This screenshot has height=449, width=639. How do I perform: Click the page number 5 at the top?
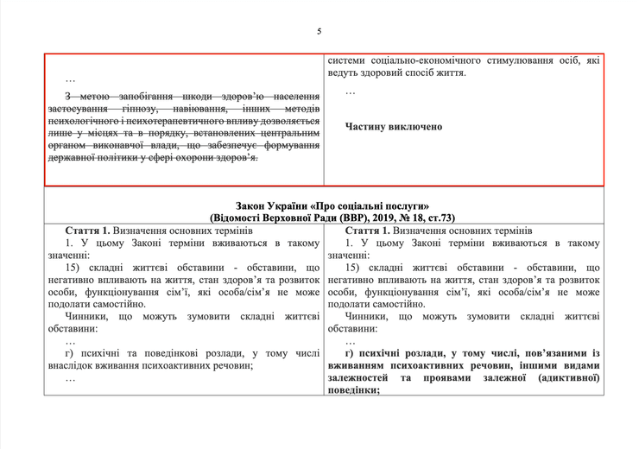coord(319,31)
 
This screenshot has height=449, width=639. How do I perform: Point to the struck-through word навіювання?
coord(215,110)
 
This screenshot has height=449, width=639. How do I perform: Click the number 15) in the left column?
coord(75,269)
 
